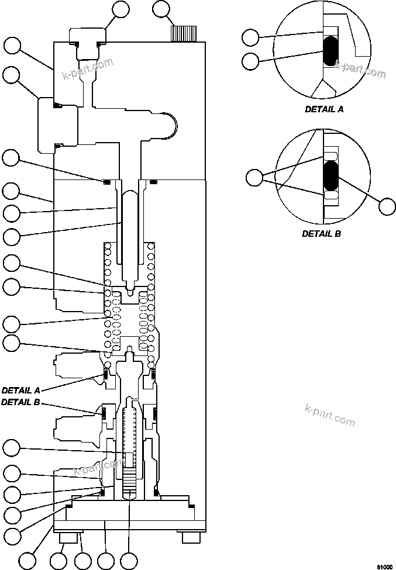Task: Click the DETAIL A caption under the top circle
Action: (x=324, y=109)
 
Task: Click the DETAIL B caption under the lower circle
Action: (x=321, y=233)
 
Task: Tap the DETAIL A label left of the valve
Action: (x=21, y=389)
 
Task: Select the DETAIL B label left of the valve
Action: (x=21, y=402)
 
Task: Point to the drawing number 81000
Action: (x=384, y=566)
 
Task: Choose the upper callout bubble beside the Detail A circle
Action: (x=250, y=38)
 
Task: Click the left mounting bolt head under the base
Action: (x=63, y=536)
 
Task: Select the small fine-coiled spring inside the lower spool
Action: (x=130, y=433)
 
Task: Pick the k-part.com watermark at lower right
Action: (x=330, y=416)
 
